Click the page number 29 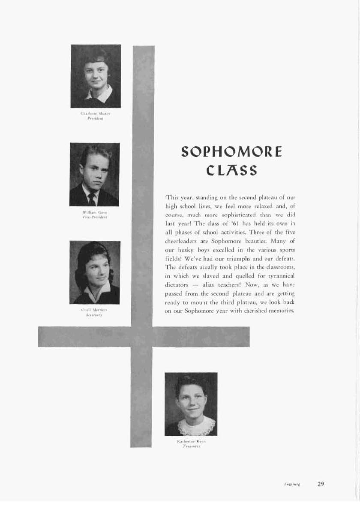click(321, 484)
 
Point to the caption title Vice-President click(95, 217)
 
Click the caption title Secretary click(94, 314)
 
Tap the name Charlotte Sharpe click(96, 114)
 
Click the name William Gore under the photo click(95, 212)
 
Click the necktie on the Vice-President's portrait click(91, 199)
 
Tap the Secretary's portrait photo click(95, 272)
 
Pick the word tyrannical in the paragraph click(279, 275)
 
